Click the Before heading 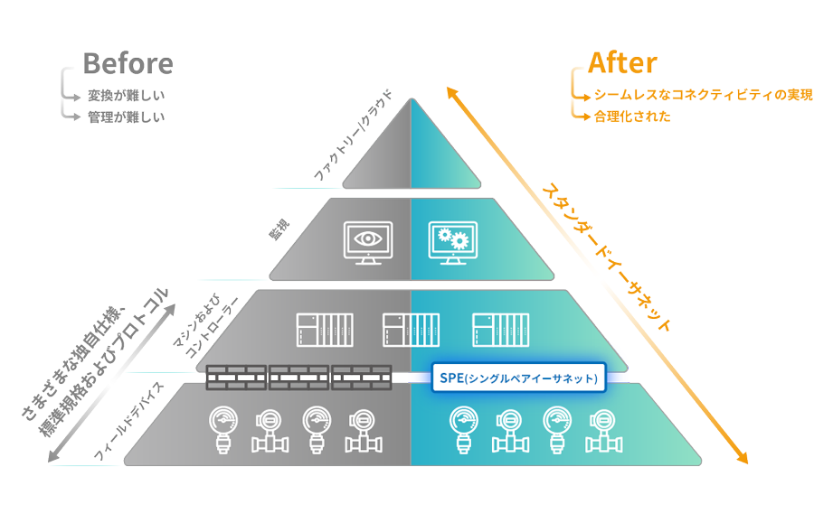pyautogui.click(x=128, y=63)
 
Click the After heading pyautogui.click(x=621, y=63)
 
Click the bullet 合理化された pyautogui.click(x=633, y=117)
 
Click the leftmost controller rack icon pyautogui.click(x=325, y=330)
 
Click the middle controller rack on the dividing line pyautogui.click(x=412, y=330)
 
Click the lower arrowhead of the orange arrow pyautogui.click(x=743, y=457)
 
